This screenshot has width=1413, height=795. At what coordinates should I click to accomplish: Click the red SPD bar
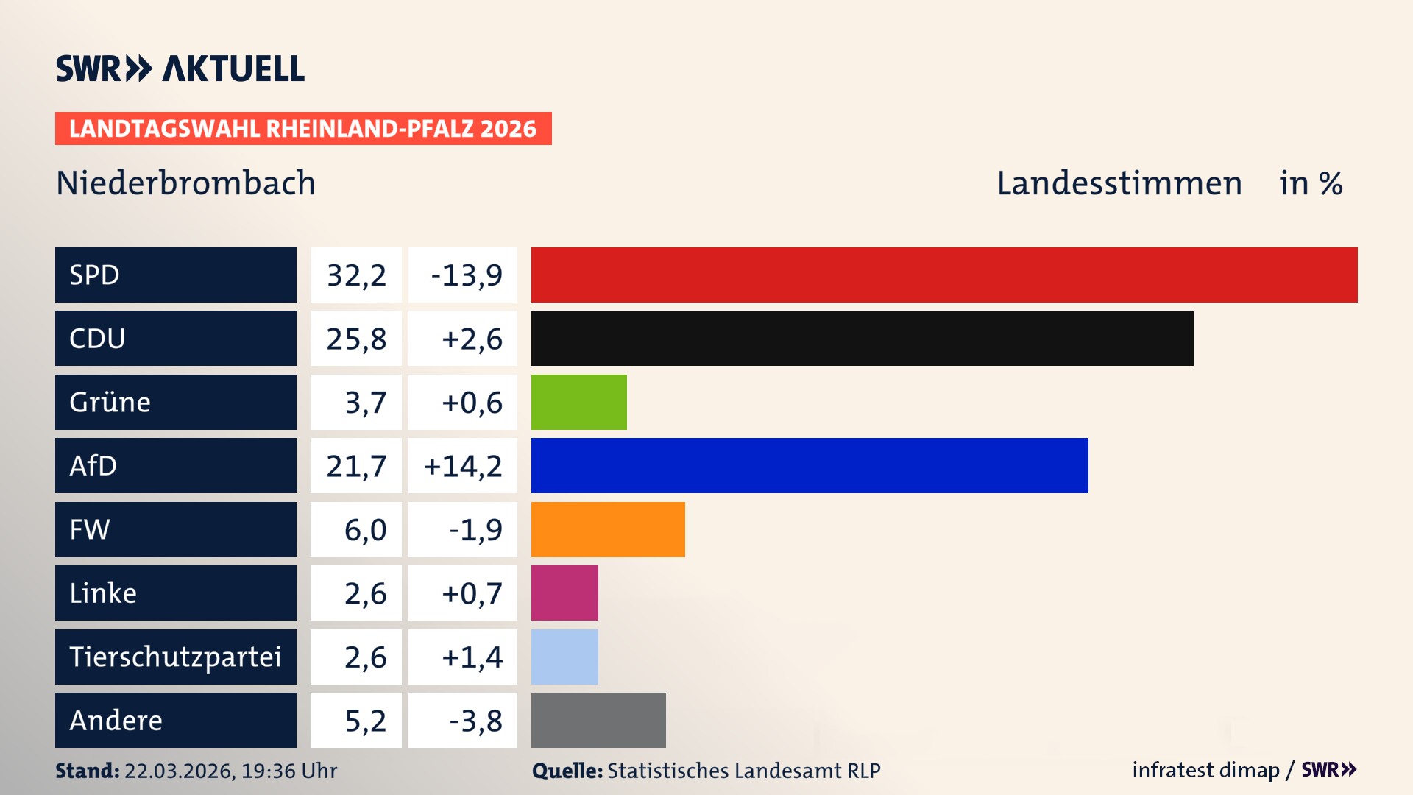[x=944, y=275]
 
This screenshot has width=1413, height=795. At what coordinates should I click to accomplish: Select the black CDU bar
[x=863, y=339]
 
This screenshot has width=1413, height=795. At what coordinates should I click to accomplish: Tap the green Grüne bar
[x=579, y=402]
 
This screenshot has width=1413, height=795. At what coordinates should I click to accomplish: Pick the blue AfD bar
[x=810, y=465]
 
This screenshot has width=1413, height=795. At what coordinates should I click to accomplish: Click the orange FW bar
[x=608, y=529]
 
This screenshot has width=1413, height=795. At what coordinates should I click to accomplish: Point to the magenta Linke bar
[x=564, y=593]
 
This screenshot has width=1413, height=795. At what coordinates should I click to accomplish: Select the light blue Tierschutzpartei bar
[x=564, y=657]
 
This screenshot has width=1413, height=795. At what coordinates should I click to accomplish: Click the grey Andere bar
[x=598, y=720]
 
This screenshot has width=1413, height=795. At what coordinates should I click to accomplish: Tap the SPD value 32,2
[x=356, y=275]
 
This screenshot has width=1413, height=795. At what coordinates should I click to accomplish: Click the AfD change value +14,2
[x=463, y=466]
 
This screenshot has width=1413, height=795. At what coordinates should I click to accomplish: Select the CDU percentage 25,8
[x=356, y=339]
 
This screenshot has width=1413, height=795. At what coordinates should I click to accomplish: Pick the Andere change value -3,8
[x=475, y=721]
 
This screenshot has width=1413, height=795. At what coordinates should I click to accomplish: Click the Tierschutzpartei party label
[x=175, y=657]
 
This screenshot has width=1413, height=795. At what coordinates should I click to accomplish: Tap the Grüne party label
[x=110, y=402]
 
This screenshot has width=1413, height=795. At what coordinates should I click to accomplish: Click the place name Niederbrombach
[x=185, y=183]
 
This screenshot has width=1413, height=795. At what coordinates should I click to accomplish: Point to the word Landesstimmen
[x=1119, y=183]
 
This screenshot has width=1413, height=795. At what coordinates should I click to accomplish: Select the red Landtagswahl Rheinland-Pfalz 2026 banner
[x=303, y=129]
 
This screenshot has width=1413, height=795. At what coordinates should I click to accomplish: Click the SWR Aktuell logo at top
[x=180, y=68]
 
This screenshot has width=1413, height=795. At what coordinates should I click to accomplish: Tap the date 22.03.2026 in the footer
[x=178, y=771]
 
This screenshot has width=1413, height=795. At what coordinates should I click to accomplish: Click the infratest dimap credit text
[x=1205, y=770]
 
